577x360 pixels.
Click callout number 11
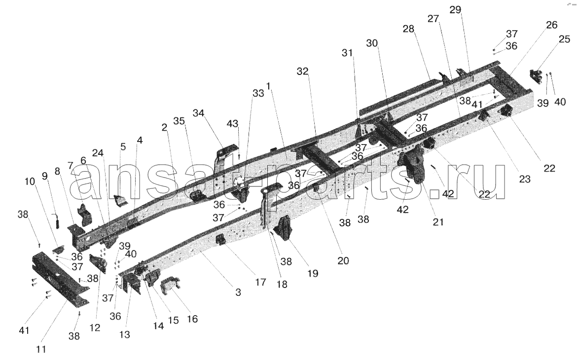pyautogui.click(x=41, y=349)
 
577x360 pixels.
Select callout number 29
pyautogui.click(x=455, y=10)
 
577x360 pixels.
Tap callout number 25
pyautogui.click(x=564, y=39)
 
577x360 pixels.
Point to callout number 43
pyautogui.click(x=233, y=124)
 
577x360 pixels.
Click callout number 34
pyautogui.click(x=198, y=113)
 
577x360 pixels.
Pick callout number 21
pyautogui.click(x=438, y=222)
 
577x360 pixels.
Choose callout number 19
pyautogui.click(x=313, y=274)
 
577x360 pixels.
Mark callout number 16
pyautogui.click(x=192, y=319)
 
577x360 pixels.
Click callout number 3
pyautogui.click(x=238, y=292)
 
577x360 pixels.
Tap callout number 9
pyautogui.click(x=44, y=177)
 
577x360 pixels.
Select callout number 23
pyautogui.click(x=524, y=180)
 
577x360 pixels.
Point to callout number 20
pyautogui.click(x=343, y=261)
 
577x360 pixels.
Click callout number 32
pyautogui.click(x=302, y=72)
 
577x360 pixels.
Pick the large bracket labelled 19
pyautogui.click(x=285, y=229)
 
